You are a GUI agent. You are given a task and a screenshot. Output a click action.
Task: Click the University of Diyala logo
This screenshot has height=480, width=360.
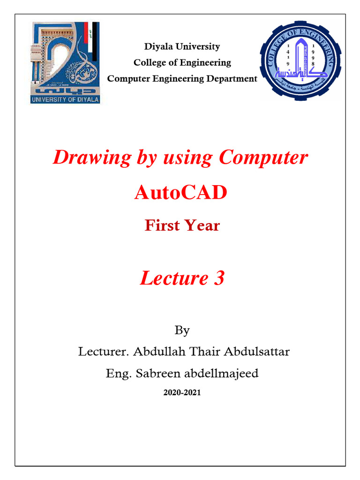(65, 62)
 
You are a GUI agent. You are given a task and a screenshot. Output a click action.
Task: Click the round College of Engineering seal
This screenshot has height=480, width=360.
(300, 60)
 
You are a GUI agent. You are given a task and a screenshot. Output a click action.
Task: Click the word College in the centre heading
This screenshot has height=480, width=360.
(150, 62)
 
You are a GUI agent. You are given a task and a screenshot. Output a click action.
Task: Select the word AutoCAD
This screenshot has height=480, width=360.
(180, 192)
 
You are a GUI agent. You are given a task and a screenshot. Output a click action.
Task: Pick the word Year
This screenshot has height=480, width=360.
(202, 225)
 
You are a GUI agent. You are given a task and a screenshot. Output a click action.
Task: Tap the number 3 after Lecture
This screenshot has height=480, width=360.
(219, 278)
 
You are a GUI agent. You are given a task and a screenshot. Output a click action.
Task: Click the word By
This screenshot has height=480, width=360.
(182, 330)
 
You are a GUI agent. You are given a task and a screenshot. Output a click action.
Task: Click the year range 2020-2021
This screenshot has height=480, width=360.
(182, 393)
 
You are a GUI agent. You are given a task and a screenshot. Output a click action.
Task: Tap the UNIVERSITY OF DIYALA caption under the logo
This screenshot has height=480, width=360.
(65, 99)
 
